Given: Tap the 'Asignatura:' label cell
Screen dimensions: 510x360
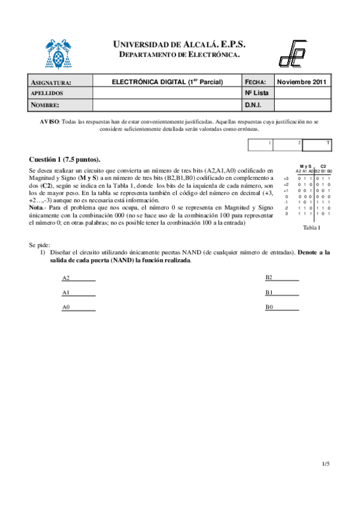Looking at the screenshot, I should click(51, 82).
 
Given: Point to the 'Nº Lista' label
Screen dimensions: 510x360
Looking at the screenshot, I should click(257, 93).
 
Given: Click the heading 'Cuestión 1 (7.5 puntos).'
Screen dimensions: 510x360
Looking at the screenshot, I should click(65, 159).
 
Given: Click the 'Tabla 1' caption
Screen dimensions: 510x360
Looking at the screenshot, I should click(311, 228).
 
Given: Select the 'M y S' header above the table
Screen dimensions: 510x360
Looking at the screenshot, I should click(305, 166).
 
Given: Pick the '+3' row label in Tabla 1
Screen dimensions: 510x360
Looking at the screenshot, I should click(287, 179).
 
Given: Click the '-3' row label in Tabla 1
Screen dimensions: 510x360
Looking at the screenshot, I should click(287, 214).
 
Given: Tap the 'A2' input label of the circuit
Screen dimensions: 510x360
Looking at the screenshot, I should click(66, 278).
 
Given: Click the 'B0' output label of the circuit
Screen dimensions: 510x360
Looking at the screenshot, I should click(270, 307).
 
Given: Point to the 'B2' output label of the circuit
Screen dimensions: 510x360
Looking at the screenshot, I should click(270, 277).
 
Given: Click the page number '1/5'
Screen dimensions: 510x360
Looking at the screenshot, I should click(326, 464).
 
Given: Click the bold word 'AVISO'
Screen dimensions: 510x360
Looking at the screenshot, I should click(49, 121).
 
